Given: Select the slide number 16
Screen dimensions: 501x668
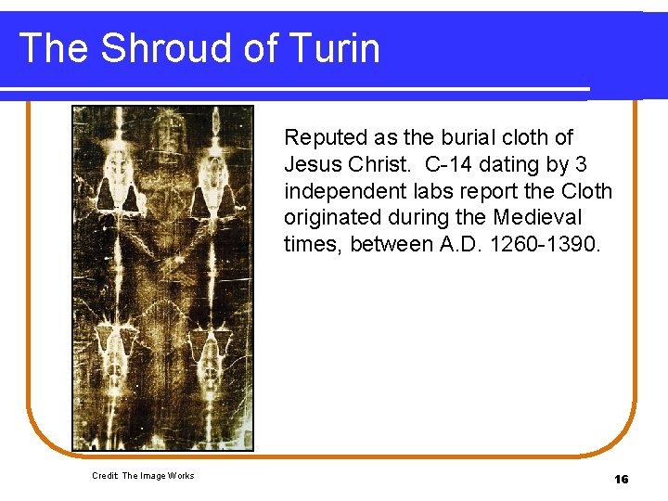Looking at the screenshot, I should click(621, 479).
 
